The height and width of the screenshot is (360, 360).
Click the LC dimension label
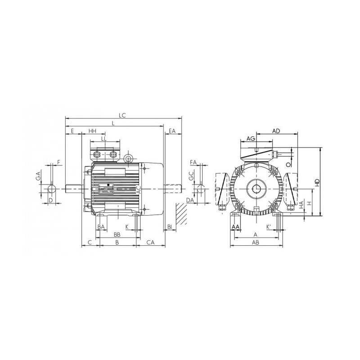point(122,115)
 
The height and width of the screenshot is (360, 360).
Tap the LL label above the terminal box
point(104,139)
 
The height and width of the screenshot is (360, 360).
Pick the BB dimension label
point(117,234)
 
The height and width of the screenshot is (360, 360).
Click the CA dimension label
point(151,243)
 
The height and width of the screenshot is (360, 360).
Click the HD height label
point(317,182)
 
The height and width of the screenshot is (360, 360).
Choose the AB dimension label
point(255,243)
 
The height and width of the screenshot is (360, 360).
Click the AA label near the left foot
point(235,227)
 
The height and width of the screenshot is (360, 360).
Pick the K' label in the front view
point(269,227)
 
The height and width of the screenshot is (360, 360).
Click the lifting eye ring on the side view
point(129,159)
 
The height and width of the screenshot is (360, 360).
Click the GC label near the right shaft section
point(191,176)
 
